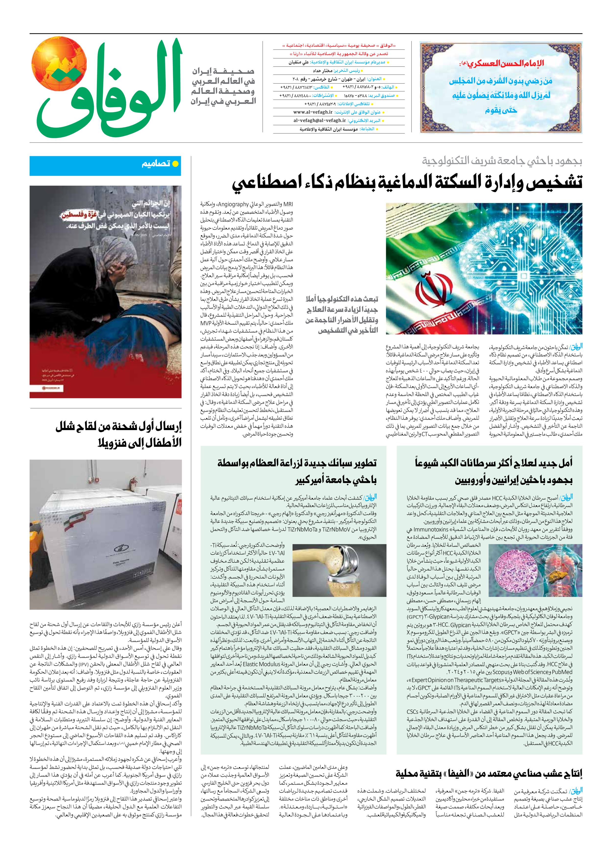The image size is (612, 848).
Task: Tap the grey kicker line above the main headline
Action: pos(502,161)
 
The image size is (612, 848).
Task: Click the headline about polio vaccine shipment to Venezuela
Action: pos(119,434)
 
